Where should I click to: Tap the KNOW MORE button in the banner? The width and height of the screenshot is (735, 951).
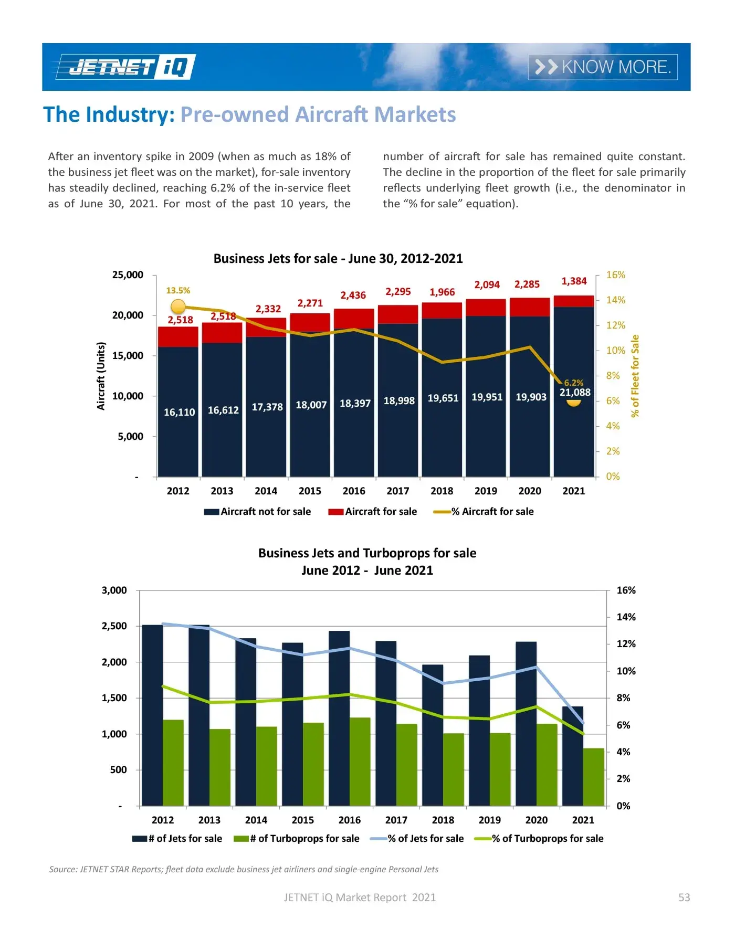(x=602, y=67)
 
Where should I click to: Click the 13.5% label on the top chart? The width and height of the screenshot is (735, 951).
(x=178, y=290)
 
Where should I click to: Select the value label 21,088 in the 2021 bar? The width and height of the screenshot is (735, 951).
(x=575, y=392)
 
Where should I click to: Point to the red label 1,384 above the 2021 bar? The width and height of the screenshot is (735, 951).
(x=574, y=281)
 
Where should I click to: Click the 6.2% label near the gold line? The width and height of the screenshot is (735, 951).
(x=573, y=383)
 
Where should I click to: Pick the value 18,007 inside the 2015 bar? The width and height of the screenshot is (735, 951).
(x=311, y=405)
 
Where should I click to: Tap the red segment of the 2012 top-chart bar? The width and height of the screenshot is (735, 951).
(x=178, y=336)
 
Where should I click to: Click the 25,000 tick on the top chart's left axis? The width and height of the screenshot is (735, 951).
(x=128, y=275)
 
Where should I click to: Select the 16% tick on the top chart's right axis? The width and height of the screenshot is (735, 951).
(x=615, y=275)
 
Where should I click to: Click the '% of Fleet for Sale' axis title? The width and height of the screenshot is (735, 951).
(x=635, y=376)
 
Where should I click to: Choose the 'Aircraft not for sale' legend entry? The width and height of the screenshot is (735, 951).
(x=258, y=511)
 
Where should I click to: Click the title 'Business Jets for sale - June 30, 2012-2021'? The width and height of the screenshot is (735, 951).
(x=338, y=259)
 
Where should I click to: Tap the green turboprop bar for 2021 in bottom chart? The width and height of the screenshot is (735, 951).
(x=593, y=777)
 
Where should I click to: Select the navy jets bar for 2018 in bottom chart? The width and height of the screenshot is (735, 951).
(x=433, y=735)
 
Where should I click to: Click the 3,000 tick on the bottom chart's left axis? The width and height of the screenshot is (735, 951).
(x=114, y=590)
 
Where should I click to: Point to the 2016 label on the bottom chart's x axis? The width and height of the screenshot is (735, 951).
(x=349, y=820)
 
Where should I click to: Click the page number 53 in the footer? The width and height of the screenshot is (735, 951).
(x=684, y=897)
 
